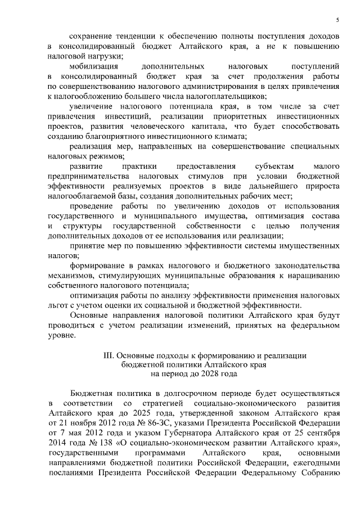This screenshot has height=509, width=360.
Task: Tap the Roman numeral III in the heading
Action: (x=109, y=355)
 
